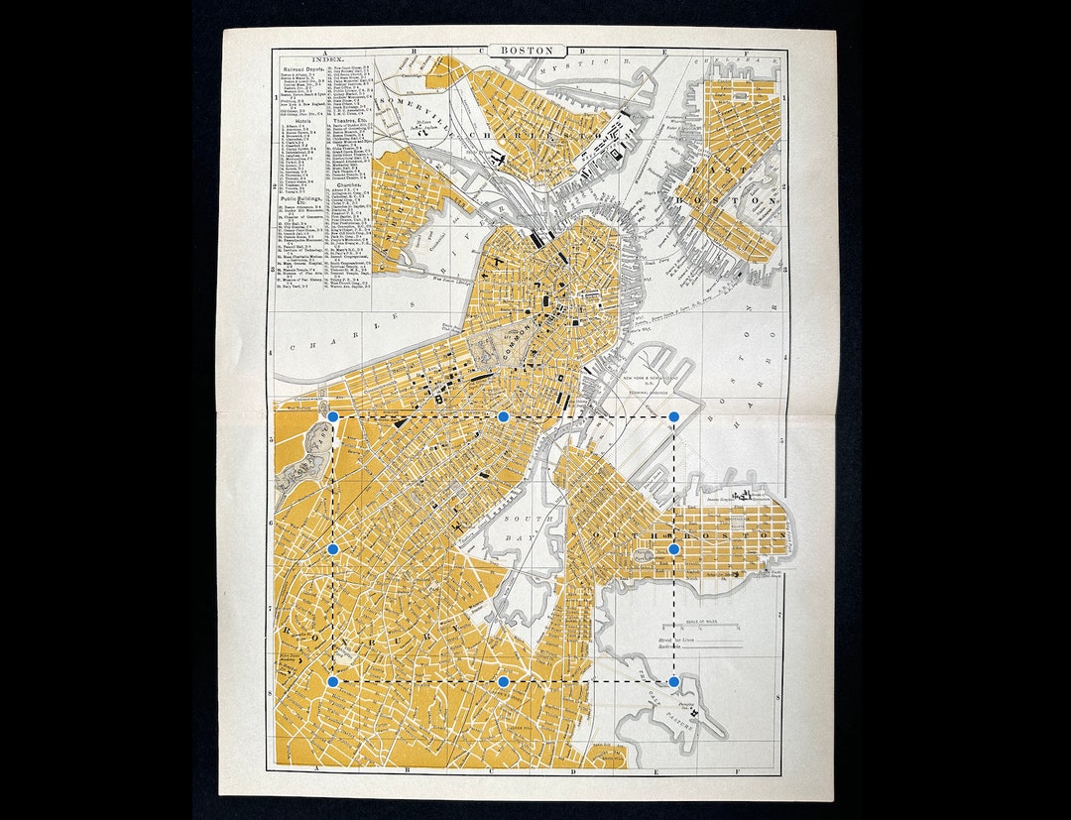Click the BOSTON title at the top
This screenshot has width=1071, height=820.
point(526,50)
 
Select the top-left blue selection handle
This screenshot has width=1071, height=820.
point(333,417)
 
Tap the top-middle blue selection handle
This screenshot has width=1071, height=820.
point(503,417)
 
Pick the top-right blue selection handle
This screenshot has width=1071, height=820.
point(674,417)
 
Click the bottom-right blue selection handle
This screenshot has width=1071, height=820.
point(674,682)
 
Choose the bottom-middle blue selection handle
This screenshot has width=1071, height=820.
point(504,682)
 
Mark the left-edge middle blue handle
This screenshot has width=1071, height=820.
point(333,548)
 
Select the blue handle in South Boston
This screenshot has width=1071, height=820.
point(674,548)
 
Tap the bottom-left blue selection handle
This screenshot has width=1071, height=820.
point(333,682)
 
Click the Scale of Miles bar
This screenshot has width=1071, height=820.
point(700,627)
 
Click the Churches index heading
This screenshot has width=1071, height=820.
point(349,184)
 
